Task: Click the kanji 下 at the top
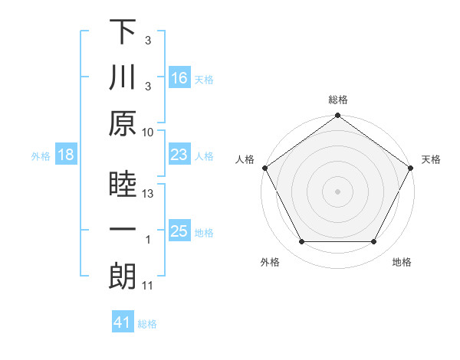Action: point(123,33)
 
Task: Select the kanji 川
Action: point(123,78)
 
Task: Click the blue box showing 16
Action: point(179,78)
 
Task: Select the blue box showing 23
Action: point(179,155)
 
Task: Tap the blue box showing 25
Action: point(179,232)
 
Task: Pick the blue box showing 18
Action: point(66,155)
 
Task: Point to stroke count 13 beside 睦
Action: point(149,195)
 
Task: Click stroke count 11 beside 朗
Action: point(149,286)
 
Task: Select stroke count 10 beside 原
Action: point(149,132)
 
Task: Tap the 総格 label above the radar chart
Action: point(338,100)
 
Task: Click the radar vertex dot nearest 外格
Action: point(301,242)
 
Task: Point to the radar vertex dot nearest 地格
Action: point(374,242)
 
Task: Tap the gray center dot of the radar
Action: point(338,191)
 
